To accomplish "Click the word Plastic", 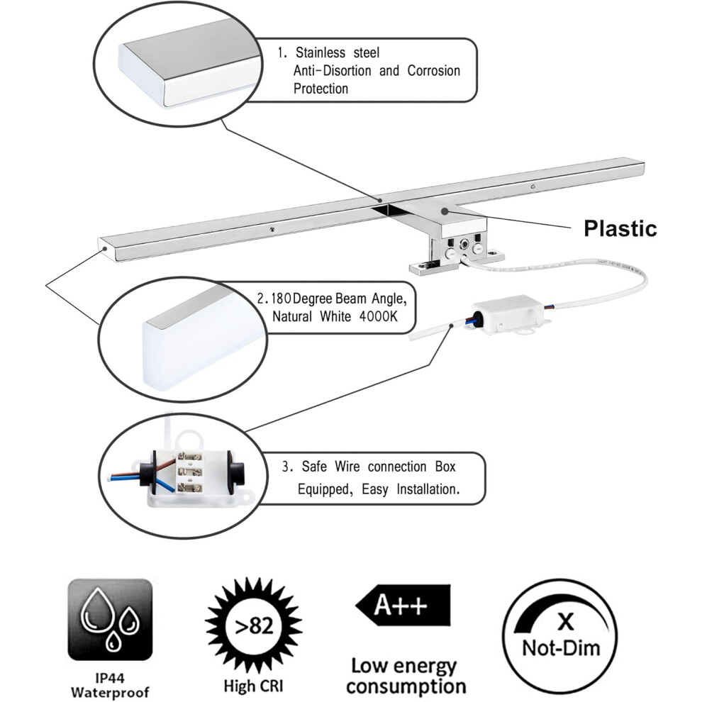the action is [620, 228].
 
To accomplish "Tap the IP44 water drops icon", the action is [110, 620].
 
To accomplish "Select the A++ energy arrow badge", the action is [403, 606].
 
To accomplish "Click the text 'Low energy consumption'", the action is [405, 676].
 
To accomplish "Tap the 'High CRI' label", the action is [253, 686].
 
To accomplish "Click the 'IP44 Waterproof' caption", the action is [110, 685].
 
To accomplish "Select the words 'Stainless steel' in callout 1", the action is [337, 53].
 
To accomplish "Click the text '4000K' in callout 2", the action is [379, 317].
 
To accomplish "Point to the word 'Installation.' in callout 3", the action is [428, 489].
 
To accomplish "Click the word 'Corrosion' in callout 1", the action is [433, 71].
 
